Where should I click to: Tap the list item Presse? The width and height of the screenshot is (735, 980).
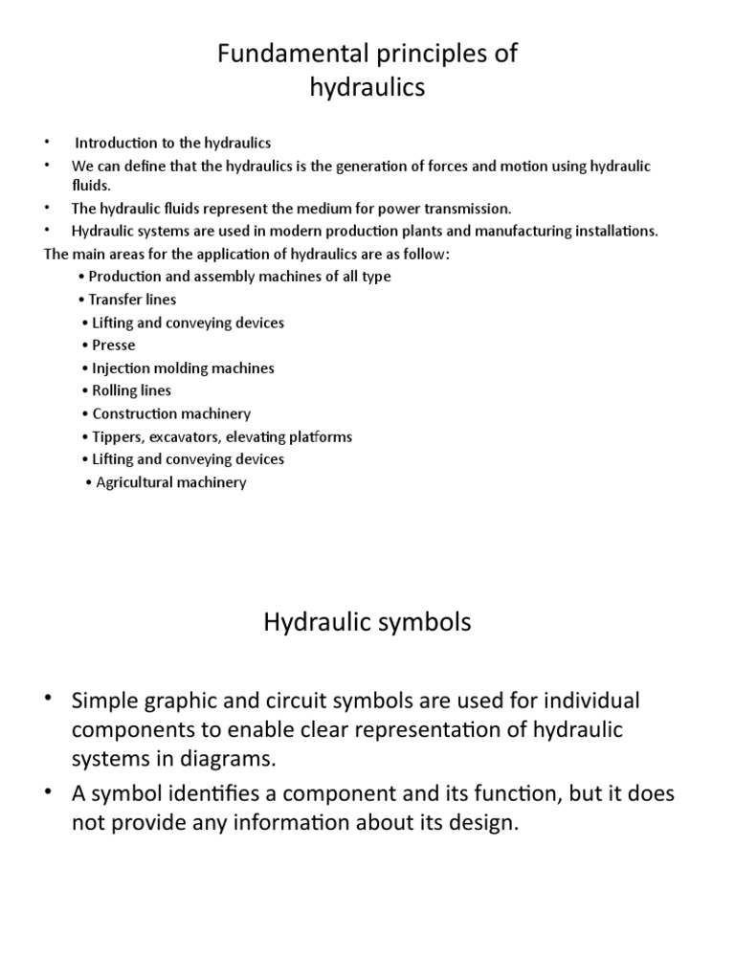(113, 345)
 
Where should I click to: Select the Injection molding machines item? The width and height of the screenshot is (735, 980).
(183, 368)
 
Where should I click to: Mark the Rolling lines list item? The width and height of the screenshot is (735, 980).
(131, 391)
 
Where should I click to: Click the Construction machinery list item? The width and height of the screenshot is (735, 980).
(171, 414)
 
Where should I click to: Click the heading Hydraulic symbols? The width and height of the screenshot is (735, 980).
(367, 623)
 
